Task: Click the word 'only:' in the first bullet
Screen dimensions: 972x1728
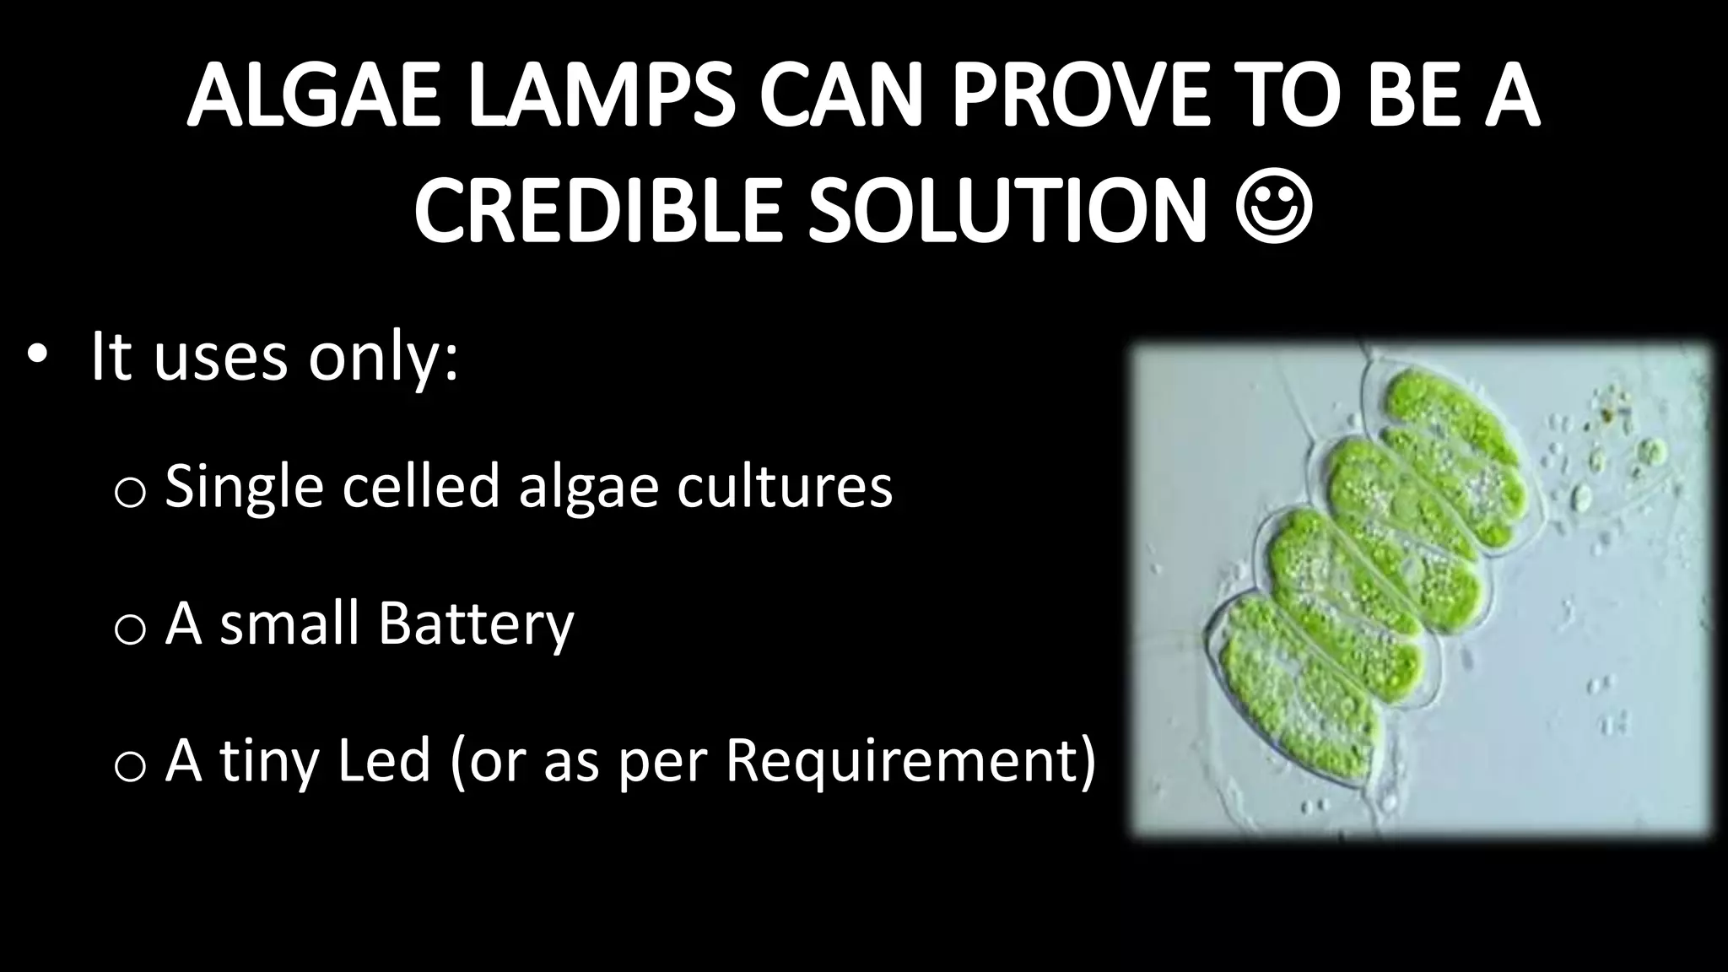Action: [x=383, y=358]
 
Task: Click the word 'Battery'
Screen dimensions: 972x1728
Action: [x=476, y=625]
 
